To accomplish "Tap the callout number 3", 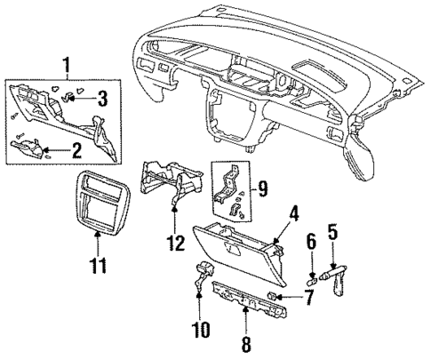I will click(103, 96).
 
